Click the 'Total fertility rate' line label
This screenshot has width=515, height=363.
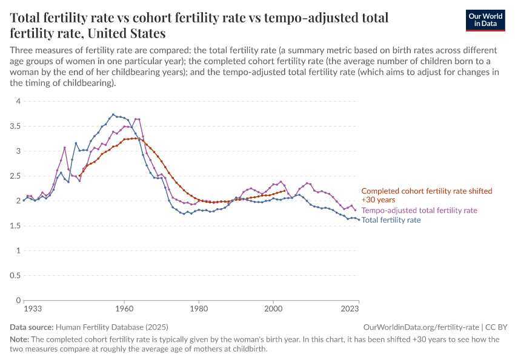391,220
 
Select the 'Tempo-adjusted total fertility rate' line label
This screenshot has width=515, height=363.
419,210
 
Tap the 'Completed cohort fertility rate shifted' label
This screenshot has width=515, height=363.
426,191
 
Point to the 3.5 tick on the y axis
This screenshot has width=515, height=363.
15,126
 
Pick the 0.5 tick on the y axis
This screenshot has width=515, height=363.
15,275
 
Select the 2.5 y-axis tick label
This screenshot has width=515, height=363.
15,176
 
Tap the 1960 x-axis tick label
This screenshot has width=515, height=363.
124,309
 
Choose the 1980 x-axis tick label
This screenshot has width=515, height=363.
199,309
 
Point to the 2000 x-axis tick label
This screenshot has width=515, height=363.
273,309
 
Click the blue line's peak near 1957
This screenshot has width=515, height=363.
113,114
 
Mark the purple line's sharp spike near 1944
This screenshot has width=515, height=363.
64,148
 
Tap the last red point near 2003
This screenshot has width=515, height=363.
284,191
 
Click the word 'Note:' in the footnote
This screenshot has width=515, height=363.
20,339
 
